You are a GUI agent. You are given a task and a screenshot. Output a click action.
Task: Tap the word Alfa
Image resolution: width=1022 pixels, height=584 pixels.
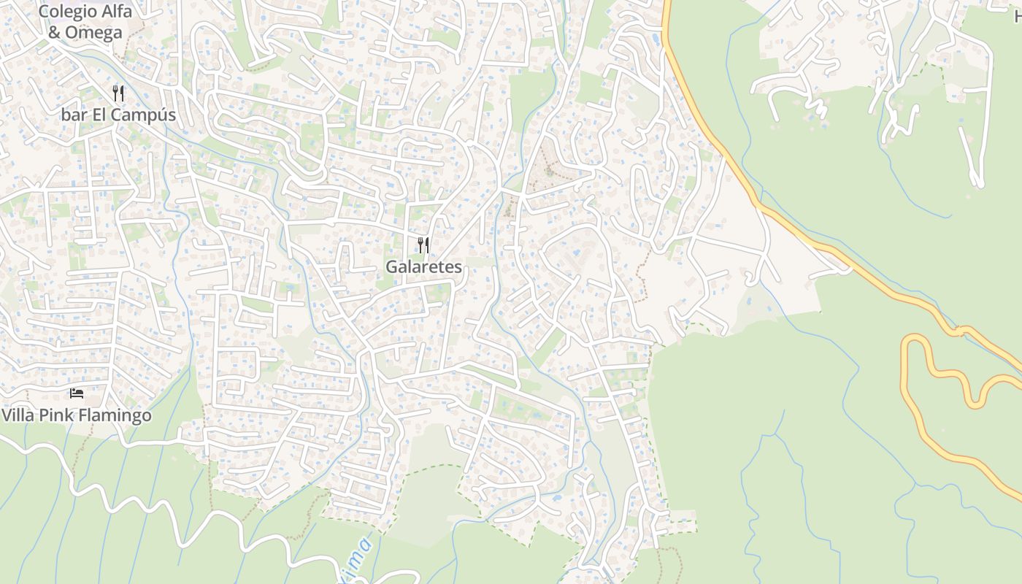(x=115, y=12)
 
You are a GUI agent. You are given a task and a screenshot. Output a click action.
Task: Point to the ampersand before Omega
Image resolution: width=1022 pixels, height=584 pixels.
(x=53, y=33)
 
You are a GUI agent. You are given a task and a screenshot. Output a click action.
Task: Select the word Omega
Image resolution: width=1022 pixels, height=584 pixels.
(x=93, y=33)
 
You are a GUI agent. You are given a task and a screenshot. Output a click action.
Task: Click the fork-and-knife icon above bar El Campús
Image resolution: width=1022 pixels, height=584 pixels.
(x=118, y=93)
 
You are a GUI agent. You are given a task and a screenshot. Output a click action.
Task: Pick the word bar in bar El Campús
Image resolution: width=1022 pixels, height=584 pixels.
(x=74, y=115)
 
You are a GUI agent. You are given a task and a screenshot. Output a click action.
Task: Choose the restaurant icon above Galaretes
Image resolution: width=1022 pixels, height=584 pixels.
(x=423, y=245)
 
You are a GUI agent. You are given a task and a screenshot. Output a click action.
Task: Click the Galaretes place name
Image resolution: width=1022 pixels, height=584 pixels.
(x=423, y=267)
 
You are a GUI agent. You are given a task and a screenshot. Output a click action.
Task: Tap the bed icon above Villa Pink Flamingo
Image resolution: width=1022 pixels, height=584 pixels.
(x=77, y=393)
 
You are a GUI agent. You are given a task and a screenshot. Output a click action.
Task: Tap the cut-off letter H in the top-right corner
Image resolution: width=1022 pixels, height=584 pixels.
(x=1018, y=13)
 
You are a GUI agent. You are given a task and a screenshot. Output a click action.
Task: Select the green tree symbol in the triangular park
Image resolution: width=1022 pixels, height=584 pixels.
(x=550, y=172)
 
